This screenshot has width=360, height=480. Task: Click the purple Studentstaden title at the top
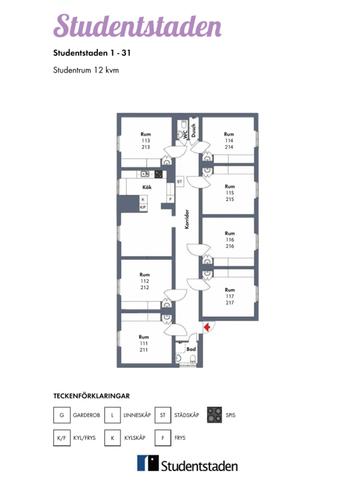[x=117, y=25]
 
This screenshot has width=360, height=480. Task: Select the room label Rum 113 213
[x=145, y=141]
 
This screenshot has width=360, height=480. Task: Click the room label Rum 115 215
[x=229, y=192]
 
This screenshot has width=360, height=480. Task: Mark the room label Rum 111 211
[x=144, y=343]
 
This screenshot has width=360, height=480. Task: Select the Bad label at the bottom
[x=191, y=349]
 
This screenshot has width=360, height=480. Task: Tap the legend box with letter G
[x=62, y=414]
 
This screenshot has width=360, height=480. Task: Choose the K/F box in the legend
[x=62, y=438]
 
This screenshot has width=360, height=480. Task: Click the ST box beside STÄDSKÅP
[x=163, y=414]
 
